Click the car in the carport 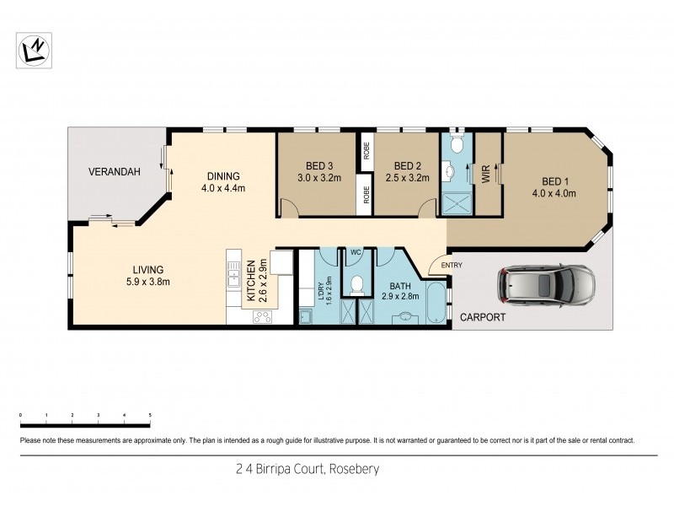pos(546,285)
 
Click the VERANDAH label pos(114,172)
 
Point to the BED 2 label pos(407,165)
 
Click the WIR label pos(486,175)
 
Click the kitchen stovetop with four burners pos(262,317)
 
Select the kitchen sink pos(233,272)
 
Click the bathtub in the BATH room pos(436,304)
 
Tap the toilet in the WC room pos(357,284)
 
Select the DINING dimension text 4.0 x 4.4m pos(223,188)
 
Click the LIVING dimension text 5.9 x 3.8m pos(148,281)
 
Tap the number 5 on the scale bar pos(150,416)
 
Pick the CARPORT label pos(483,318)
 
